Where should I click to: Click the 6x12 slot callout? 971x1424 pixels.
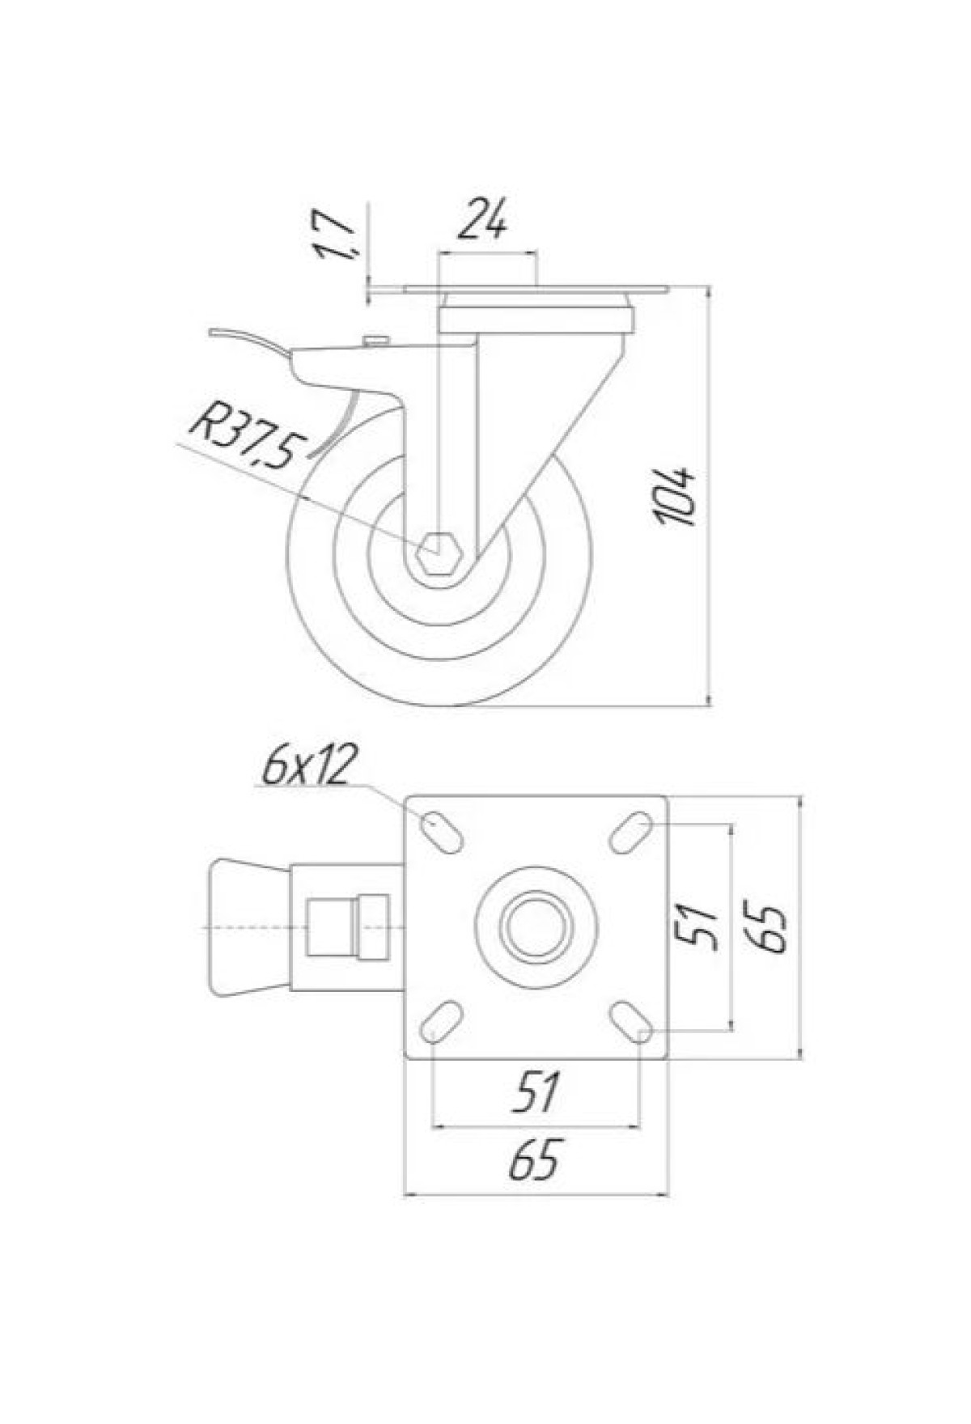[309, 766]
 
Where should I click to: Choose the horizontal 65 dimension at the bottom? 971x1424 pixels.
[535, 1161]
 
